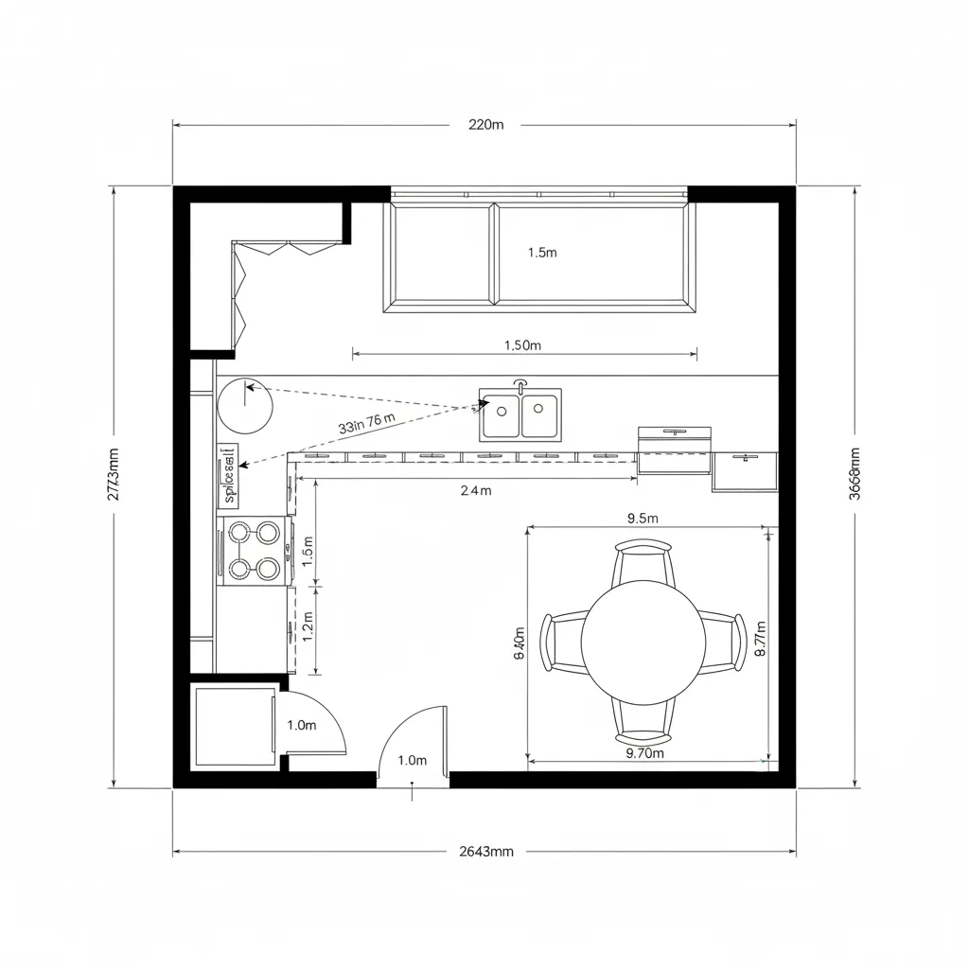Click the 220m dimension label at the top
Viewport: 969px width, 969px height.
click(x=485, y=124)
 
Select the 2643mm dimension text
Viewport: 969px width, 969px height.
click(x=485, y=852)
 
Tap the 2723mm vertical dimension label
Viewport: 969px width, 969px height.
click(x=114, y=473)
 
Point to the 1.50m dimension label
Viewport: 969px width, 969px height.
click(x=522, y=345)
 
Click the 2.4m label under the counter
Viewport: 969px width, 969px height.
click(x=476, y=490)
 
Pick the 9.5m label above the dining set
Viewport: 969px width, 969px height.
click(x=643, y=518)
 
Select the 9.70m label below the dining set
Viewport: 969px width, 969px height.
click(x=645, y=753)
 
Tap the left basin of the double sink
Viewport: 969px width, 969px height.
click(x=502, y=417)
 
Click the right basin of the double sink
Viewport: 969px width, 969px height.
click(x=538, y=417)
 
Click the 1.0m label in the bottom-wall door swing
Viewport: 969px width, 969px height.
click(x=413, y=760)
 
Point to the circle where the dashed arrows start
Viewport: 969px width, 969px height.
click(x=245, y=405)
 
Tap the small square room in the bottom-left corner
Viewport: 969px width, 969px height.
click(x=233, y=727)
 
